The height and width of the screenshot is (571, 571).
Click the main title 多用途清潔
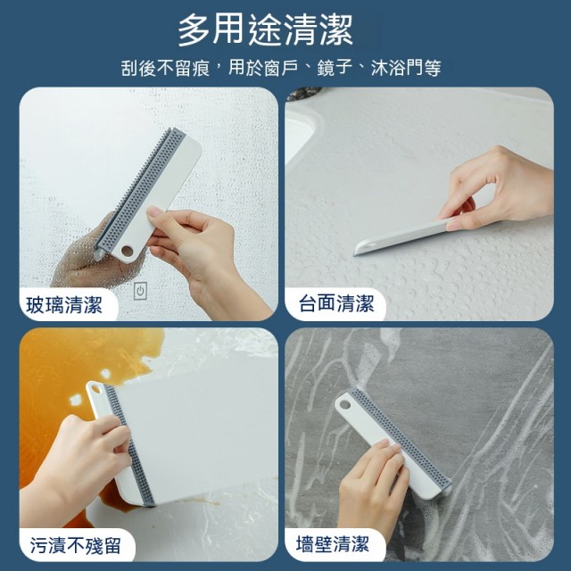pyautogui.click(x=265, y=30)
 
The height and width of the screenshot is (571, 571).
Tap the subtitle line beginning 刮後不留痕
pyautogui.click(x=281, y=68)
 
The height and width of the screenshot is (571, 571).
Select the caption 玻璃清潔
pyautogui.click(x=64, y=304)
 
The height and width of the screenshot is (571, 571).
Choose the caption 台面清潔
pyautogui.click(x=336, y=303)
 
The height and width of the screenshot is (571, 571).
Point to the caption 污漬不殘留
pyautogui.click(x=75, y=545)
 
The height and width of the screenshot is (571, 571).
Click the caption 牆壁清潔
pyautogui.click(x=333, y=544)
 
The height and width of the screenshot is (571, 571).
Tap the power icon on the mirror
pyautogui.click(x=140, y=291)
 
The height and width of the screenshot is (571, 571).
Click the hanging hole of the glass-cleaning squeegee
pyautogui.click(x=127, y=251)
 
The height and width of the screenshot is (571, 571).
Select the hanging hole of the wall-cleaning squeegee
pyautogui.click(x=344, y=405)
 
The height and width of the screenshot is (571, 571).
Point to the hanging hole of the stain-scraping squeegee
pyautogui.click(x=95, y=389)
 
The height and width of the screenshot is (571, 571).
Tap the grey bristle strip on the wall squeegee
pyautogui.click(x=400, y=436)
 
